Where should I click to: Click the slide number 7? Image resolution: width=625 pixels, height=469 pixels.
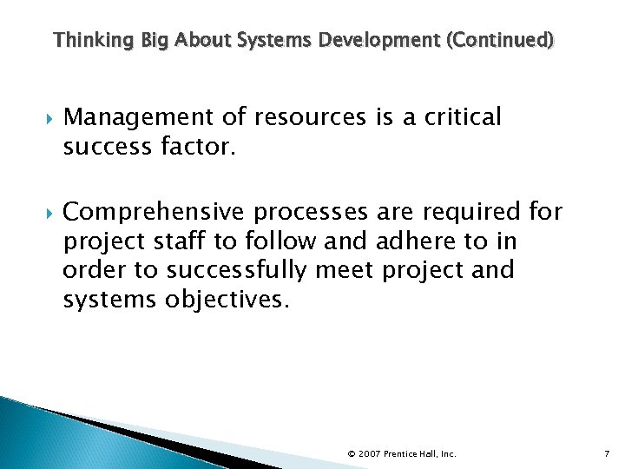(x=607, y=453)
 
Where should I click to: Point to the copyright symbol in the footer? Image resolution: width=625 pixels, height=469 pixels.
(x=351, y=453)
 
